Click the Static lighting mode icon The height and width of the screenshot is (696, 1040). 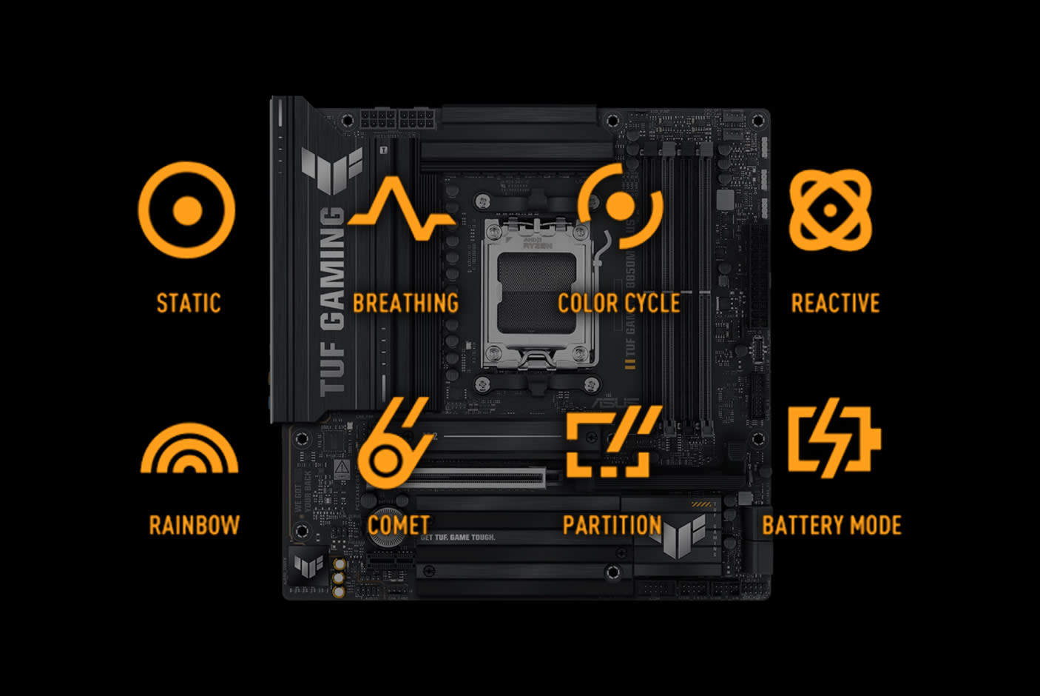(x=186, y=210)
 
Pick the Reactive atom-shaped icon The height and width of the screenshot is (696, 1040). (x=830, y=210)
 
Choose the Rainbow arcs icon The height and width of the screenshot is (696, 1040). (x=189, y=449)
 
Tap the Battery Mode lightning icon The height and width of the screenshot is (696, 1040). (x=834, y=438)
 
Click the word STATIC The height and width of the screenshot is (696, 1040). (x=189, y=303)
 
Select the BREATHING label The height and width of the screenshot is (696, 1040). (x=405, y=303)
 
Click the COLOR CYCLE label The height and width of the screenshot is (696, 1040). (x=619, y=303)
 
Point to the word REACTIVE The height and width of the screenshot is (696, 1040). (x=835, y=303)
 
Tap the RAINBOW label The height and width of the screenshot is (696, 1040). (x=195, y=525)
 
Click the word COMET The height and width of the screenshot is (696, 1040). (x=399, y=525)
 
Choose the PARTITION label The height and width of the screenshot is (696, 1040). (x=612, y=525)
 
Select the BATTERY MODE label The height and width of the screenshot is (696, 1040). (x=831, y=525)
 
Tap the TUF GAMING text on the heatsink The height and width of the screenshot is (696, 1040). (x=333, y=300)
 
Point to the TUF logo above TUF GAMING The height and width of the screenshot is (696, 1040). (x=332, y=169)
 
